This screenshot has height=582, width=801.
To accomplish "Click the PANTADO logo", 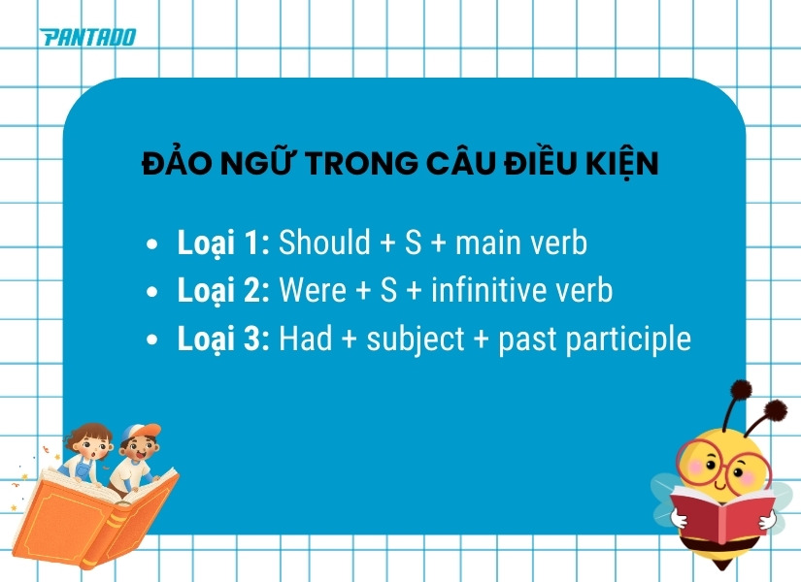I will tap(87, 38).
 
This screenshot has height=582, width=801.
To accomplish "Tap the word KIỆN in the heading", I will tap(619, 163).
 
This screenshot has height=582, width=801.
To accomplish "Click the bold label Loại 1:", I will tap(223, 242).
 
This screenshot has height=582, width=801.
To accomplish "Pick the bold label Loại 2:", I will tap(223, 291).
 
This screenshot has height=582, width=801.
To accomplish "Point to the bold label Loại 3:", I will tap(223, 339).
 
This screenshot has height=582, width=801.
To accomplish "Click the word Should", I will tap(324, 242).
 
